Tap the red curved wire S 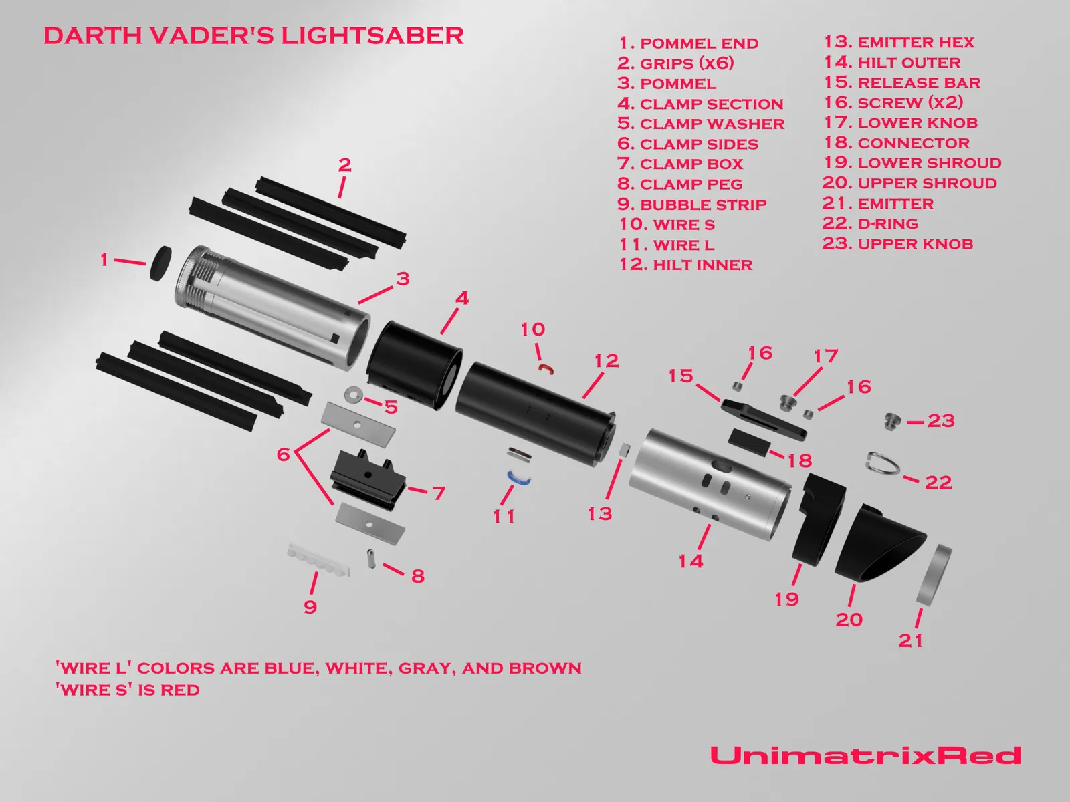(x=546, y=368)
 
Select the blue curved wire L (x=518, y=477)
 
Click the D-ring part (x=883, y=463)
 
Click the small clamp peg (x=371, y=558)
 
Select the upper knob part (x=892, y=421)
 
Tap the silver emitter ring (x=934, y=575)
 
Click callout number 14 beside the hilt (x=691, y=561)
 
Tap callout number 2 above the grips (x=344, y=164)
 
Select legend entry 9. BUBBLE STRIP (x=691, y=204)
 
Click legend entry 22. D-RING (x=870, y=223)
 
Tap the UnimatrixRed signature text (x=865, y=755)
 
